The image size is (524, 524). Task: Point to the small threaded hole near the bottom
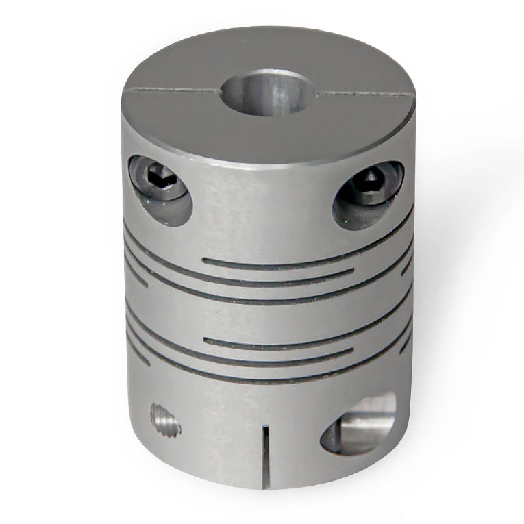[x=165, y=419]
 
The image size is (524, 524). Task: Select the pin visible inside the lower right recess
[x=366, y=428]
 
